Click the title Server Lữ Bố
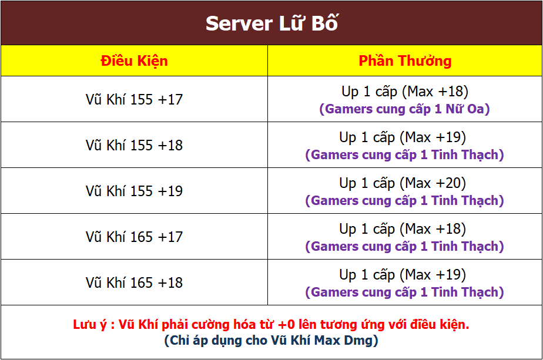point(272,23)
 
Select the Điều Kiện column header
point(135,61)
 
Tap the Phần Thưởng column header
point(405,61)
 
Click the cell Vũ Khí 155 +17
point(135,100)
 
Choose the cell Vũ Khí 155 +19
point(135,191)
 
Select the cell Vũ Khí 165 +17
point(135,237)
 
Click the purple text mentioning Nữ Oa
point(404,109)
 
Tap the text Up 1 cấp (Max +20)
point(403,183)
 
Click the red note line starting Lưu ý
point(271,325)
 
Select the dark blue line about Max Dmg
point(271,341)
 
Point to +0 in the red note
point(286,325)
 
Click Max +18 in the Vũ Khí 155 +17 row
point(435,92)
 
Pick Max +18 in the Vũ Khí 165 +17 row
point(433,229)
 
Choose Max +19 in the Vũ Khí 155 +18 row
point(433,137)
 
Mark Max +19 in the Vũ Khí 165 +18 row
point(433,275)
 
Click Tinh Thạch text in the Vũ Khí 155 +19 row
point(465,201)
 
